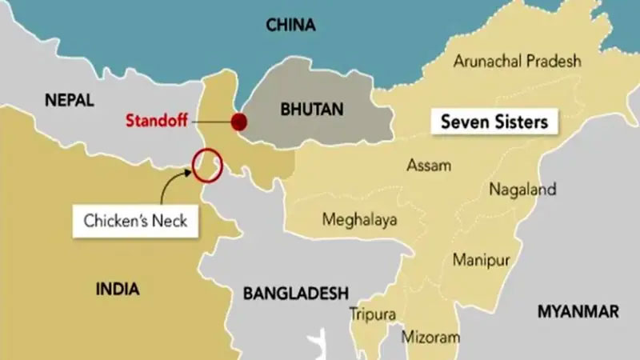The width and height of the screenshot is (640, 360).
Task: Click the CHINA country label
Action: click(292, 26)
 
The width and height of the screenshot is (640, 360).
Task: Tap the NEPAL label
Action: click(70, 101)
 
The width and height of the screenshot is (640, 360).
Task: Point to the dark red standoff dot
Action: click(239, 122)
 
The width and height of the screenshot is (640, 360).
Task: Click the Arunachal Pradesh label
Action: click(517, 61)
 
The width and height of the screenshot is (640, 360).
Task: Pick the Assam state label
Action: click(429, 166)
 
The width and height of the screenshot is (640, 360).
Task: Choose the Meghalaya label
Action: click(359, 219)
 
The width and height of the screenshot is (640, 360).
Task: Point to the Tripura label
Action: click(372, 314)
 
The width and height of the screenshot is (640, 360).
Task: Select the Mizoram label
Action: click(431, 336)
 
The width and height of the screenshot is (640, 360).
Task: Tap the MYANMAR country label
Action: click(578, 311)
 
